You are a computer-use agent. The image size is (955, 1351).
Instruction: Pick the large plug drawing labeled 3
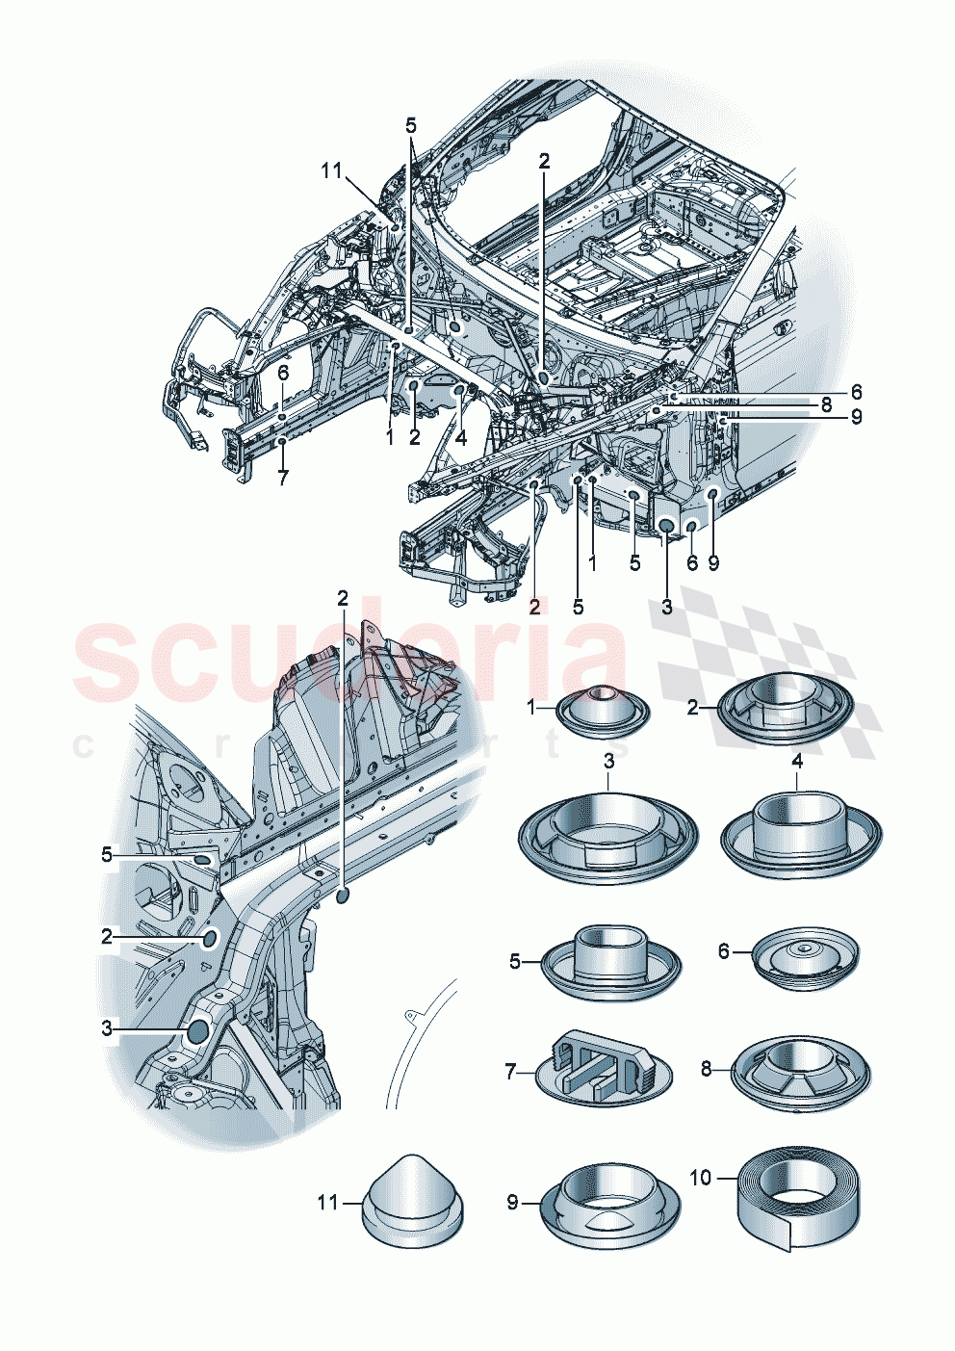pyautogui.click(x=608, y=835)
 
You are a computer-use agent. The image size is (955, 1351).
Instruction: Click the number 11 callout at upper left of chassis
pyautogui.click(x=331, y=170)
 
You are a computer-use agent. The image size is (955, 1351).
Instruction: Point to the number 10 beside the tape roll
pyautogui.click(x=701, y=1178)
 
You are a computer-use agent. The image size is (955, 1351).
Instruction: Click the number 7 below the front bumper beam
pyautogui.click(x=282, y=477)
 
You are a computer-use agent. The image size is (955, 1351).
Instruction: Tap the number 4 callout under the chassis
pyautogui.click(x=461, y=438)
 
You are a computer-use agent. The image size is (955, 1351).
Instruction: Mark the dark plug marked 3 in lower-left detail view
pyautogui.click(x=197, y=1031)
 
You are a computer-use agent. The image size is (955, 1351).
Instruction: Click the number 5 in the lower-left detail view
pyautogui.click(x=107, y=854)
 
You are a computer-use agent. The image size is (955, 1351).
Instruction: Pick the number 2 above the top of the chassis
pyautogui.click(x=544, y=162)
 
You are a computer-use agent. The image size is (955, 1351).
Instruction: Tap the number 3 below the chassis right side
pyautogui.click(x=666, y=607)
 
